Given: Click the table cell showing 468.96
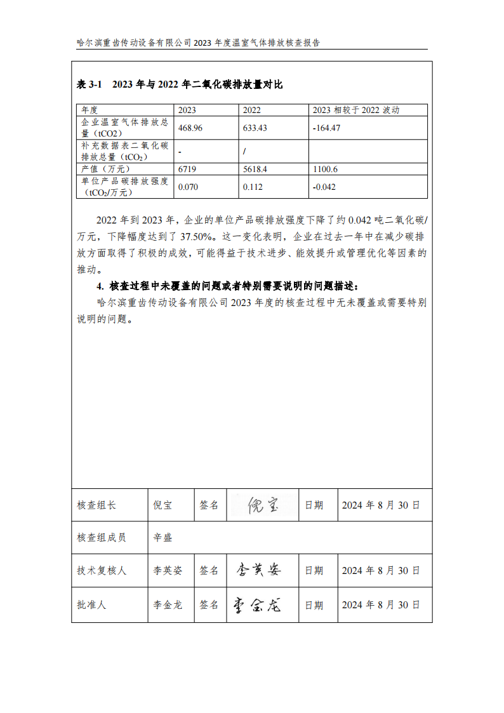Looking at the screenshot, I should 190,128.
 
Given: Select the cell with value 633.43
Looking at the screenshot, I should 255,128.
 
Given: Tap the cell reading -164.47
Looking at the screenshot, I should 327,128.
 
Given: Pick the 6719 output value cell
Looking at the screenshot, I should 188,169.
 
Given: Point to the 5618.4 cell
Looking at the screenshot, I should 255,169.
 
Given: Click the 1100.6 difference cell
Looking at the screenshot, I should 326,169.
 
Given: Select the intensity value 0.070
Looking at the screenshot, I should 189,187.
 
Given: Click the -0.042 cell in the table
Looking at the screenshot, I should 324,187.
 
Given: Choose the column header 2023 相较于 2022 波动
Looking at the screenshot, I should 356,110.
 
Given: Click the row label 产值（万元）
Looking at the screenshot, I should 105,169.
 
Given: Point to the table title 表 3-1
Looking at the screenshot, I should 90,84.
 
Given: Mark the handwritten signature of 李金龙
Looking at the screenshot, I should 256,604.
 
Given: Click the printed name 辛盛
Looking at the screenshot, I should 162,538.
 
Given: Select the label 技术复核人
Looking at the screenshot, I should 102,571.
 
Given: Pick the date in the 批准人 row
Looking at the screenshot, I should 381,605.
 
